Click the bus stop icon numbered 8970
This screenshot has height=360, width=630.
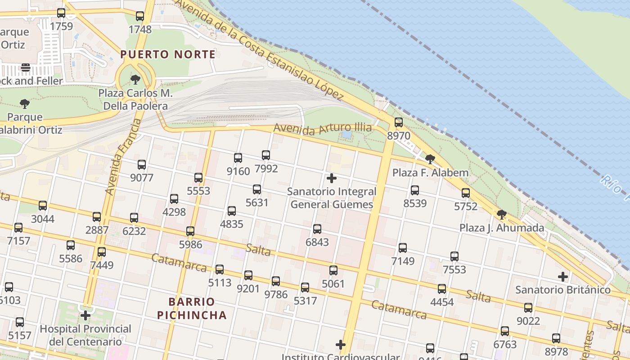point(398,122)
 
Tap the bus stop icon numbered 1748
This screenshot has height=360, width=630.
point(140,16)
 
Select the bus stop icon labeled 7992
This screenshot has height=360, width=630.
point(266,155)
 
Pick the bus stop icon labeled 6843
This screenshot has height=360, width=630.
point(317,229)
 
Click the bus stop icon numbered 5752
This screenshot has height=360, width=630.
point(466,193)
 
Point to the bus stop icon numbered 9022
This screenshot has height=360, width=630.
point(528,308)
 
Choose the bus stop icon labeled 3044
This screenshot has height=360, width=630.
point(43,206)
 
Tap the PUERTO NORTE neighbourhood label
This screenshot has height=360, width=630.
point(168,55)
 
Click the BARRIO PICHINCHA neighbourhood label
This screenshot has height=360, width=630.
point(192,308)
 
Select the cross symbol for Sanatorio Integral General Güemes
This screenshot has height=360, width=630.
point(332,178)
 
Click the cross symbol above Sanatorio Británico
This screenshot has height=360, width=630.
point(563,276)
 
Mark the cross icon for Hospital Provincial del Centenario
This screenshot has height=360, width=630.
point(85,315)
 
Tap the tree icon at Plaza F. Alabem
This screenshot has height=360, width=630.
point(430,159)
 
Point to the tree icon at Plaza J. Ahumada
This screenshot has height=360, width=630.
point(502,214)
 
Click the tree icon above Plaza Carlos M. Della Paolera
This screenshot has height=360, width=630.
point(135,80)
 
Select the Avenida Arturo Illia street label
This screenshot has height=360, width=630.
point(323,129)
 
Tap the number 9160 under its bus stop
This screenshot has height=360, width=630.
point(238,171)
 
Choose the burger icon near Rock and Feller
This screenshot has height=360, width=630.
point(26,67)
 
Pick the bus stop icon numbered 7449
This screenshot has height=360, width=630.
point(102,252)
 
